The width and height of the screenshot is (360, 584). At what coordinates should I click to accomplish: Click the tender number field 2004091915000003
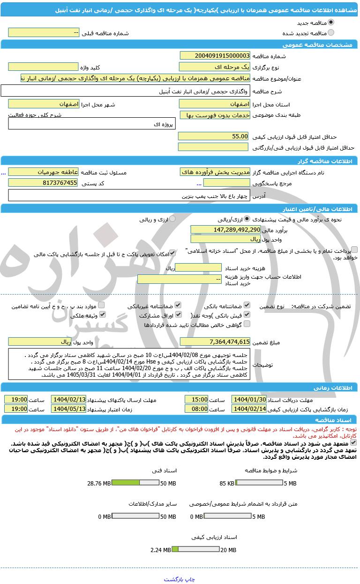coord(214,56)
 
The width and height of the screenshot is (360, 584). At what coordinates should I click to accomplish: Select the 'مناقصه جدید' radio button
coord(331,23)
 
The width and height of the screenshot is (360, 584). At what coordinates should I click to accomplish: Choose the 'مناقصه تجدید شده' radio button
coord(331,33)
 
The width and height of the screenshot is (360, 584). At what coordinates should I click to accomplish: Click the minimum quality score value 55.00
coord(213,136)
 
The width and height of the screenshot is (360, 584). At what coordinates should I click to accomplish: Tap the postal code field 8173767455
coord(43,183)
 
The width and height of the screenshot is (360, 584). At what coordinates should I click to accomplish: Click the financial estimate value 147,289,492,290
coord(225,229)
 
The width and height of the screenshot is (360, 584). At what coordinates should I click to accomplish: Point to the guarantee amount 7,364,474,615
coord(215,341)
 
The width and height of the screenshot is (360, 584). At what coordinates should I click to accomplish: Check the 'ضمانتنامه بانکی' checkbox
coord(247,305)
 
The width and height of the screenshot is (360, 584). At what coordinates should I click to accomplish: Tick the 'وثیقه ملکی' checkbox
coord(101,315)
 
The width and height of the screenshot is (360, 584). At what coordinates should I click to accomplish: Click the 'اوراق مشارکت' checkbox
coord(178,315)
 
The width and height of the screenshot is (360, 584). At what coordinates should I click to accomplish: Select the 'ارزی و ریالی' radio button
coord(172,219)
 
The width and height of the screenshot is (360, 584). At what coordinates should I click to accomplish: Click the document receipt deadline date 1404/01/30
coord(249,400)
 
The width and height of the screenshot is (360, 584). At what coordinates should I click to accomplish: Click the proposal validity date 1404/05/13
coord(68,409)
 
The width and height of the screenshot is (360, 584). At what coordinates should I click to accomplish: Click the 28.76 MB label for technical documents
coord(99,483)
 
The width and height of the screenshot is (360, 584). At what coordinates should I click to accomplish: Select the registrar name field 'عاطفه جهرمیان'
coord(43,172)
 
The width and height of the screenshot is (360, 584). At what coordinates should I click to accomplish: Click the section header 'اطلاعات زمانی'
coord(337,387)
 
